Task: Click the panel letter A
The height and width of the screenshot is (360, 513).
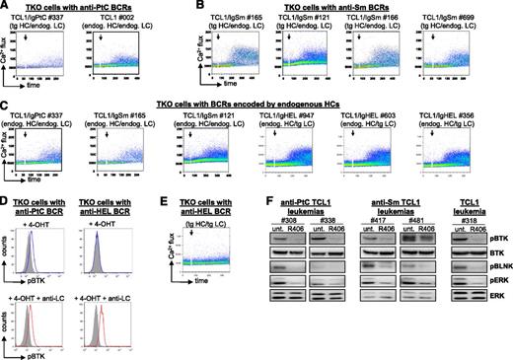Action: coord(6,8)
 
